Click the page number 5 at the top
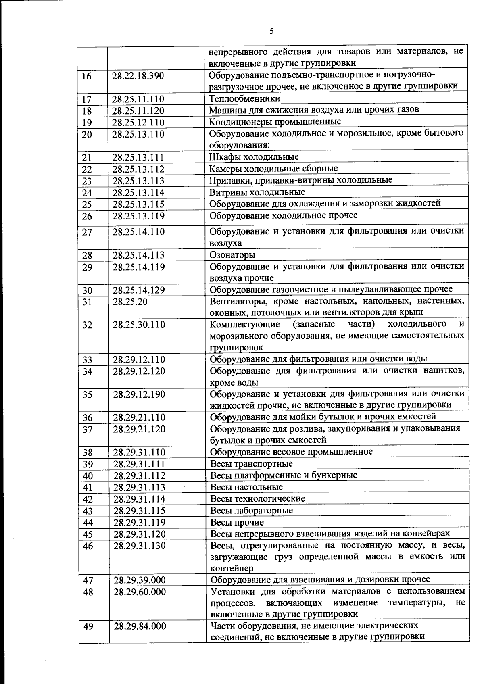click(x=271, y=31)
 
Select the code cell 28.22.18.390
click(x=138, y=76)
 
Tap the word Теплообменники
click(x=244, y=98)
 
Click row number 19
click(x=87, y=123)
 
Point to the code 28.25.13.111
click(x=138, y=158)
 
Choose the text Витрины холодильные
click(x=257, y=192)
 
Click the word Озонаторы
click(x=232, y=255)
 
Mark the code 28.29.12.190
click(x=139, y=394)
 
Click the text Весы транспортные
click(x=251, y=464)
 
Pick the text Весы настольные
click(x=246, y=487)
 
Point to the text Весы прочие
click(x=237, y=523)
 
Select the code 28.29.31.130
click(x=140, y=546)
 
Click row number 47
click(x=88, y=580)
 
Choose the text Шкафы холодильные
click(x=254, y=157)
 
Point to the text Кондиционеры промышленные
click(x=275, y=122)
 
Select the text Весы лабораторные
click(x=251, y=511)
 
